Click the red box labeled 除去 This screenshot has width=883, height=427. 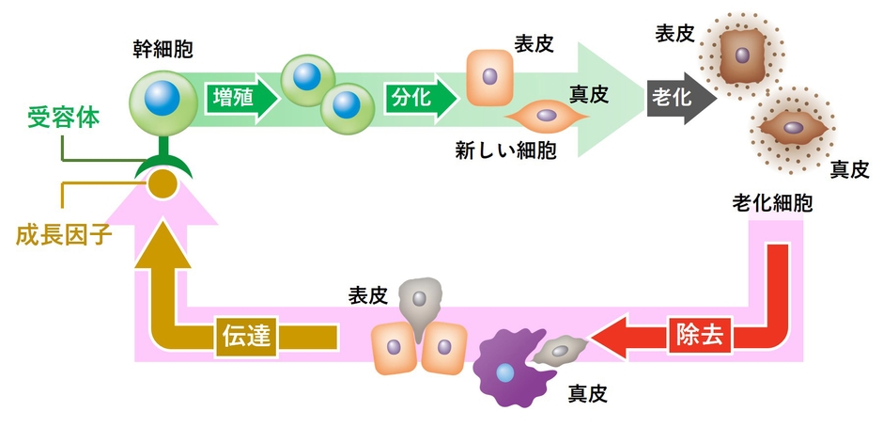tap(700, 337)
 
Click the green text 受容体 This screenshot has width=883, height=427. tap(64, 119)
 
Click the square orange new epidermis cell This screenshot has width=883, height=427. tap(489, 78)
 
